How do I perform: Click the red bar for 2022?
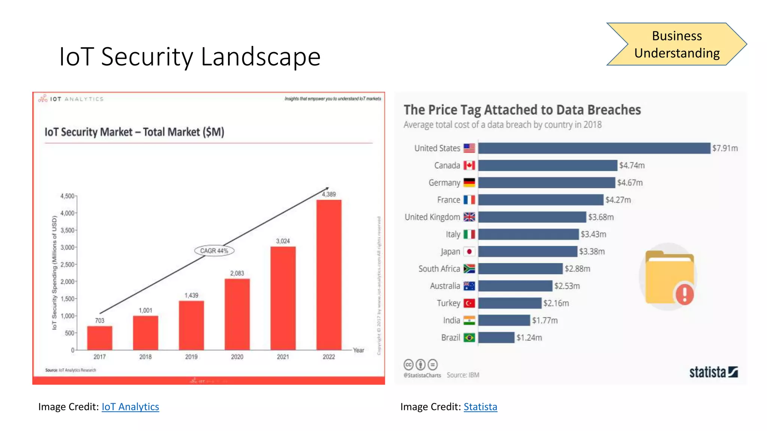(x=329, y=275)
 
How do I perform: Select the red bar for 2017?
(x=100, y=338)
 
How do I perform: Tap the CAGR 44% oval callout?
(x=214, y=251)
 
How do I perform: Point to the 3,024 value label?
(x=283, y=241)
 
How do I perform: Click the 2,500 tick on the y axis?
(x=67, y=265)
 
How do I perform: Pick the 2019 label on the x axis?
(x=191, y=357)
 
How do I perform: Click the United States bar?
(x=594, y=148)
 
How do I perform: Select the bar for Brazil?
(x=496, y=337)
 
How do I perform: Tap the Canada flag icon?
(x=469, y=165)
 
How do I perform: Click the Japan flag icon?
(x=469, y=251)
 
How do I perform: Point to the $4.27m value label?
(x=618, y=200)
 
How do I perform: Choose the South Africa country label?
(x=439, y=269)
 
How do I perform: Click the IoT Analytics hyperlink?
(x=130, y=407)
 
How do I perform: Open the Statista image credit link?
(x=480, y=407)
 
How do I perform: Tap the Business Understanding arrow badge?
(x=676, y=44)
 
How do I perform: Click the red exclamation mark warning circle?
(x=685, y=294)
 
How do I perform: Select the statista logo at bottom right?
(x=713, y=372)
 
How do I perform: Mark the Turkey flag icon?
(x=469, y=303)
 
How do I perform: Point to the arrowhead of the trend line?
(x=327, y=188)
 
